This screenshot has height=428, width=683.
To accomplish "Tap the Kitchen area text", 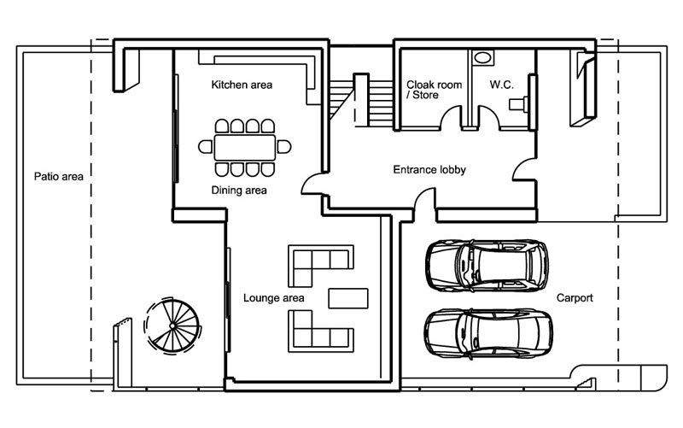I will point(242,85).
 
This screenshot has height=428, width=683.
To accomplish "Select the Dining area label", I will point(239,191).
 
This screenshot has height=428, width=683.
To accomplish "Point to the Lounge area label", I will point(274,297).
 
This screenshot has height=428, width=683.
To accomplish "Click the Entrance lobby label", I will point(429,170).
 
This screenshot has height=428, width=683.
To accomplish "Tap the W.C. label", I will point(499,85).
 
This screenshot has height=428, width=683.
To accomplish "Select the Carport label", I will point(575,298).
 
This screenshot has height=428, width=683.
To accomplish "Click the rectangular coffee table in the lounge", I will point(348,297).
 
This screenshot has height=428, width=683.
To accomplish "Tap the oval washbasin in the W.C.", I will point(482,58).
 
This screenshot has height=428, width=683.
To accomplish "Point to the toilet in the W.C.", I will point(519,104).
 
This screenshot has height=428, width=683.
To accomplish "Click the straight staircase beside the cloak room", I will point(359,101).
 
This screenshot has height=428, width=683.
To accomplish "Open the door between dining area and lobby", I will point(312,181).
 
